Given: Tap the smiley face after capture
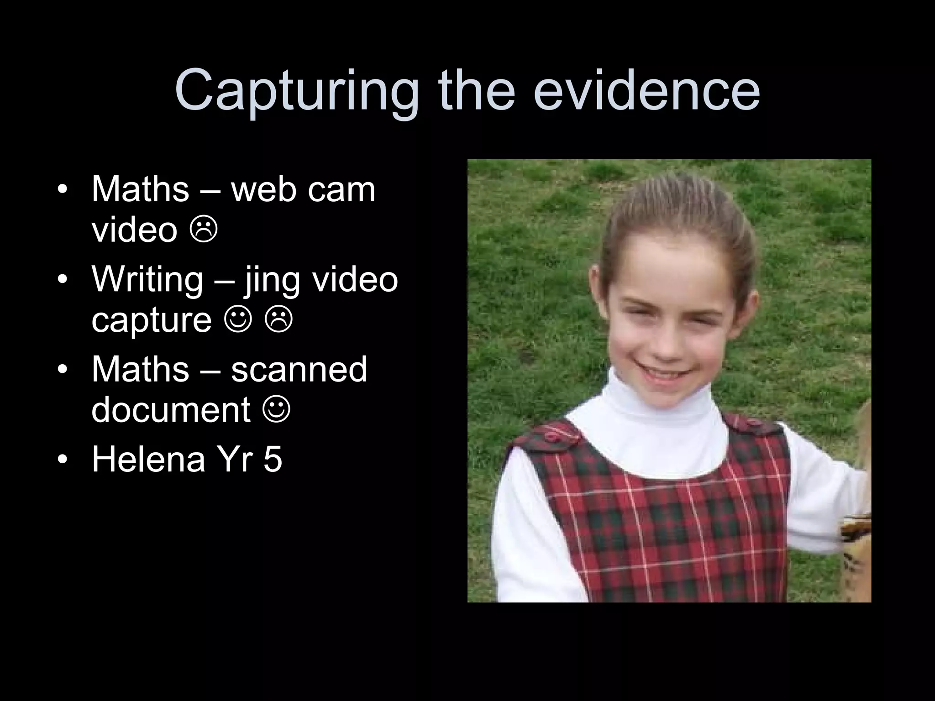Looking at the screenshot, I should (x=238, y=319).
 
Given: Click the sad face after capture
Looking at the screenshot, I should (x=278, y=319).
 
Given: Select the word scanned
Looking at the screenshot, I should (x=299, y=369).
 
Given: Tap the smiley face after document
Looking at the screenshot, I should (x=276, y=409).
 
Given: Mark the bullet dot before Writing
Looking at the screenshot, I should (x=63, y=279).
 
